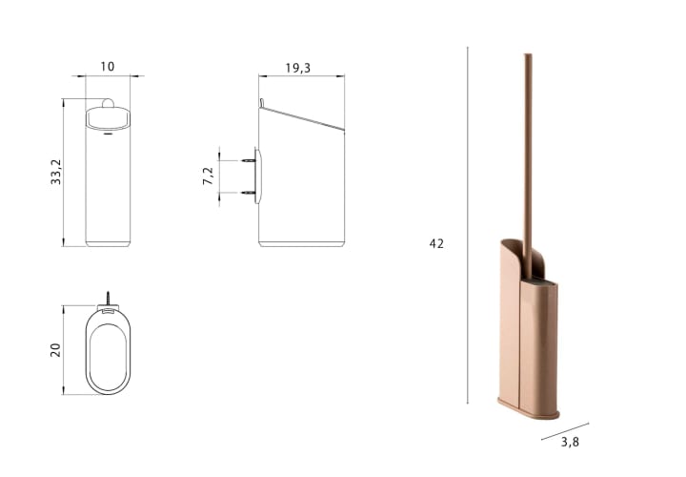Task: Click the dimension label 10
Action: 107,67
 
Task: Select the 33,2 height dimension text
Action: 56,172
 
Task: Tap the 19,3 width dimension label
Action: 298,68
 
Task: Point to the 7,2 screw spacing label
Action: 209,176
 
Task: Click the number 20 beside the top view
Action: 55,350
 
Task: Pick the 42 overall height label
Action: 436,243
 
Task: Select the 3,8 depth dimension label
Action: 570,442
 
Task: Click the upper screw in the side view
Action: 249,161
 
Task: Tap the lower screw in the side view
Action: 249,193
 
